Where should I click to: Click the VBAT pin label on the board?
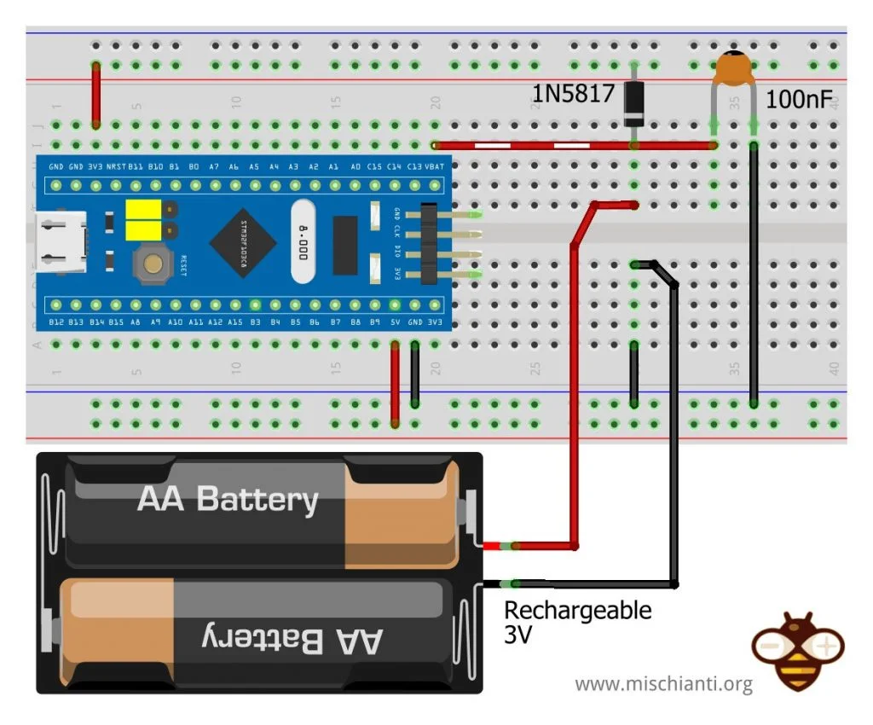coord(434,166)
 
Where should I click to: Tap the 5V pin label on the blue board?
coord(395,322)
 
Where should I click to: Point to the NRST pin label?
coord(115,166)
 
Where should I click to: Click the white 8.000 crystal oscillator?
coord(304,241)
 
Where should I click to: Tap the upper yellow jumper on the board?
coord(144,210)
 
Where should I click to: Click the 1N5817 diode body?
coord(633,102)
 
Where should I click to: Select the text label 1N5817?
coord(573,93)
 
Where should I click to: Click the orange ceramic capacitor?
coord(734,69)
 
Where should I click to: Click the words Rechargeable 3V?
coord(577,622)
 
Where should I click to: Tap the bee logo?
coord(798,650)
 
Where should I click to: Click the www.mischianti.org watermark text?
coord(663,683)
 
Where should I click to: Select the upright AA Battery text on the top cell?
coord(228,499)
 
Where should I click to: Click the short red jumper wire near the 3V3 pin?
coord(96,94)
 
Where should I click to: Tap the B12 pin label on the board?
coord(56,322)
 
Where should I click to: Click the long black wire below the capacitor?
coord(754,273)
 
